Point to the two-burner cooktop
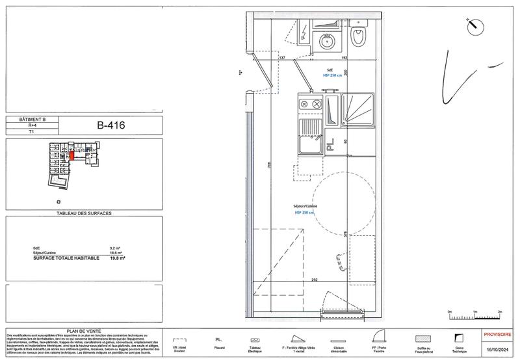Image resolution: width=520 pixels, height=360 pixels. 310,104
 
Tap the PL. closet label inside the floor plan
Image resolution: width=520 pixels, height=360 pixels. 331,148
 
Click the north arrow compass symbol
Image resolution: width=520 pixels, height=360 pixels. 475,26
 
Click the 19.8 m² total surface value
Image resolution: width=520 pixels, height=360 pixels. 118,258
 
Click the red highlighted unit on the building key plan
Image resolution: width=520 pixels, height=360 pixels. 73,156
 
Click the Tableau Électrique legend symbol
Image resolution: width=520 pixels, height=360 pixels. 255,340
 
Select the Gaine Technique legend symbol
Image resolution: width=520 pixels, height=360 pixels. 460,339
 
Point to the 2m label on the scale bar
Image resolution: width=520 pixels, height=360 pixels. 499,313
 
